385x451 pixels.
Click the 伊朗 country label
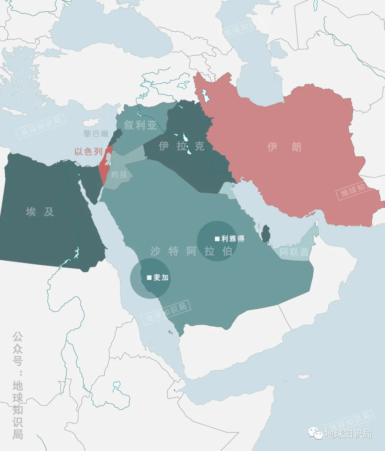coord(284,147)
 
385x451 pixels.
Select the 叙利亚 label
coord(140,125)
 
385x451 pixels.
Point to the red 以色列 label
coord(88,151)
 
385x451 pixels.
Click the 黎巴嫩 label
coord(96,134)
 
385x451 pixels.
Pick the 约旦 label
coord(119,175)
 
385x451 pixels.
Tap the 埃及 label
coord(40,212)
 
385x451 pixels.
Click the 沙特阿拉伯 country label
coord(191,251)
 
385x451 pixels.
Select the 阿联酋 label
coord(294,252)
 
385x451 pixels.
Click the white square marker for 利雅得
coord(217,239)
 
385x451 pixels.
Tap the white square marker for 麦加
coord(149,278)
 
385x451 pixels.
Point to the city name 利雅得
coord(233,239)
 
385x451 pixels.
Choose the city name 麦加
coord(161,278)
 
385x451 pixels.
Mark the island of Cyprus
coord(92,122)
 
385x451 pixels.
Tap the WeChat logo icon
coord(316,433)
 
